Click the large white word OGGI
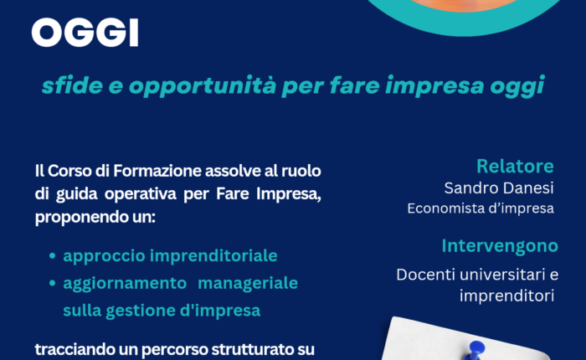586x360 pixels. click(x=85, y=33)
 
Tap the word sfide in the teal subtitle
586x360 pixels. click(x=73, y=85)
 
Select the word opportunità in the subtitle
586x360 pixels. click(x=203, y=86)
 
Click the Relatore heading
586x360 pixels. click(x=515, y=167)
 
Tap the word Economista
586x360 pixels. click(x=444, y=208)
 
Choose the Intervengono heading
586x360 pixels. click(x=500, y=246)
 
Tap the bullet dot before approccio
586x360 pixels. click(x=52, y=256)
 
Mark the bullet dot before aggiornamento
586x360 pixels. click(x=52, y=283)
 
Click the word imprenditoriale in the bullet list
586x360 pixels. click(x=213, y=256)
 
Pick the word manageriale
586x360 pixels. click(x=248, y=283)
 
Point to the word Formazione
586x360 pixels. click(x=157, y=171)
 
